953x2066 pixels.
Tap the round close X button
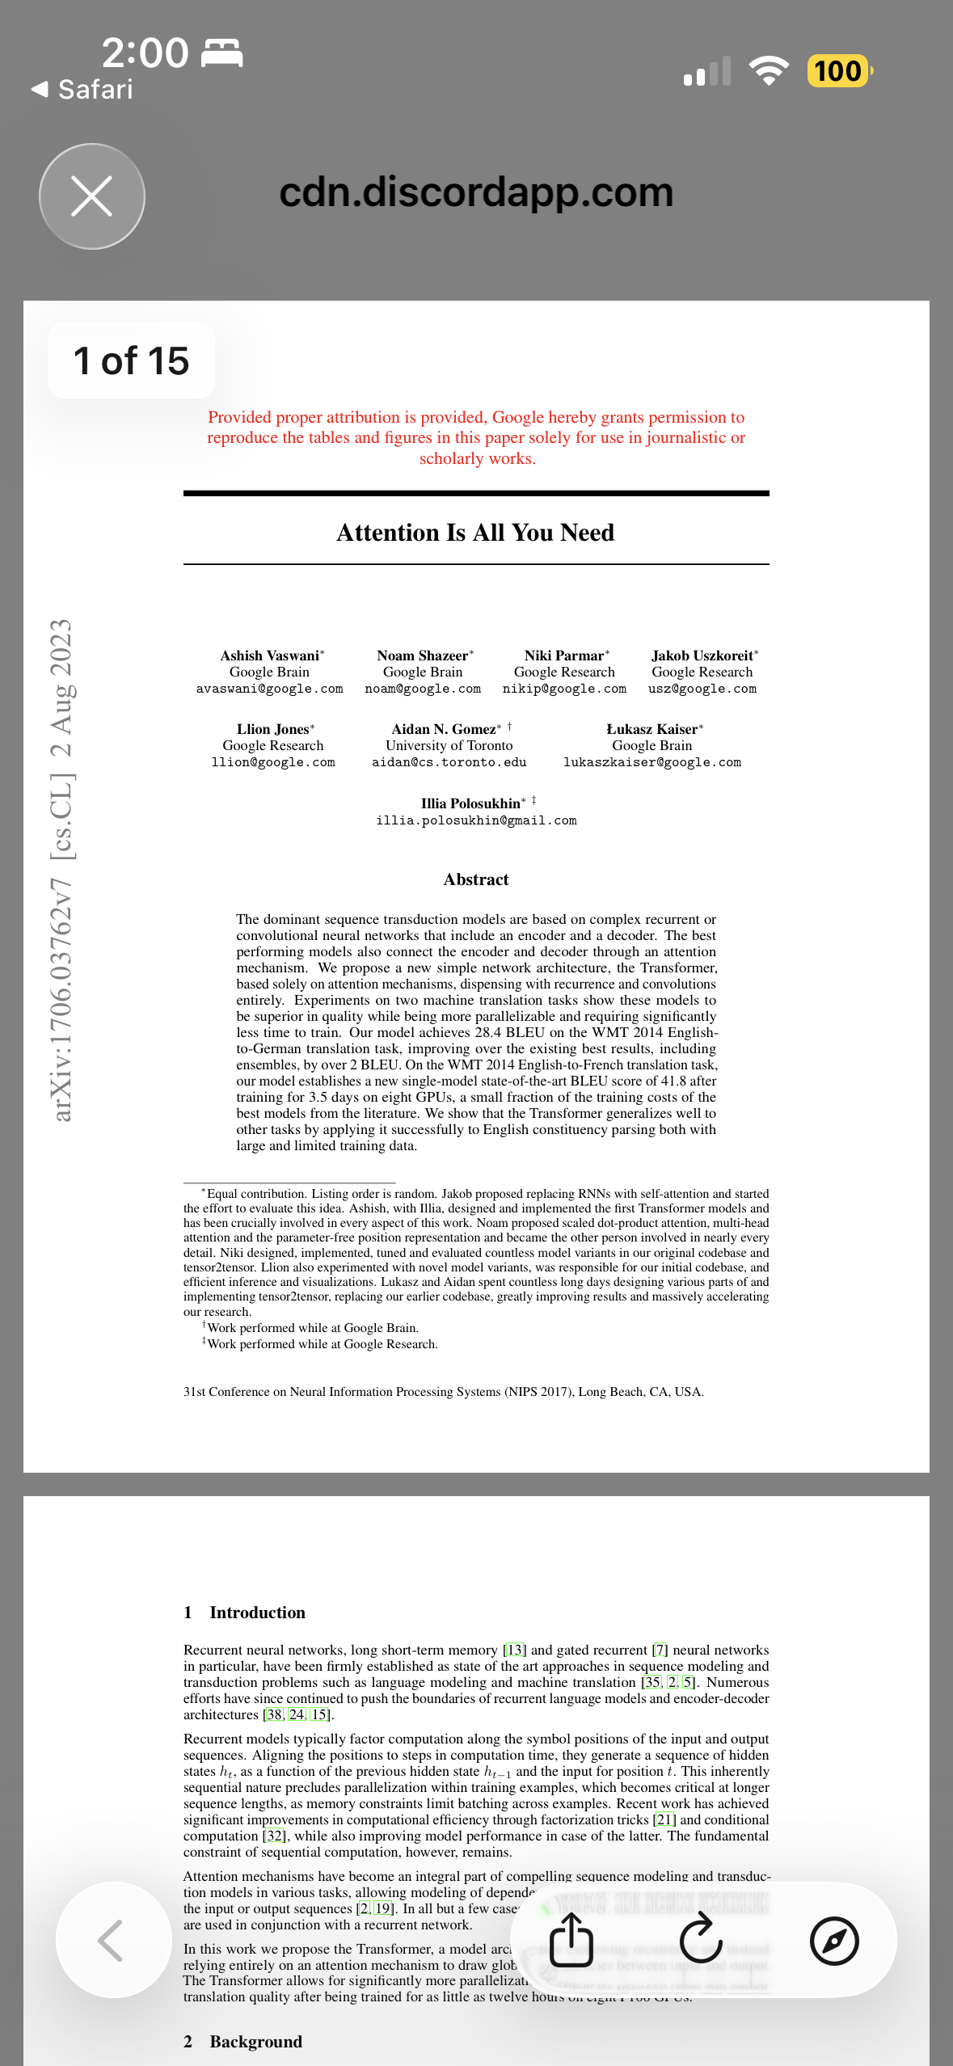92,196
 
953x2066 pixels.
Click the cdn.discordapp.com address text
476,192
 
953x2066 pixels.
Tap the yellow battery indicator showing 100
838,71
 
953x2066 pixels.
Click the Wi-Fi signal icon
769,71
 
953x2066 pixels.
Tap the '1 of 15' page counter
131,360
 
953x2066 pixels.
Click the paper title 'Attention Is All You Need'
475,533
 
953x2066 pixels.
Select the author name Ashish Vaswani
270,656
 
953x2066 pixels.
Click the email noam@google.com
423,689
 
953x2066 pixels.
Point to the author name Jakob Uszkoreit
702,656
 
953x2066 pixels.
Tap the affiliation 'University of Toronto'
449,745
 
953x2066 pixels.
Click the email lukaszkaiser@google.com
651,762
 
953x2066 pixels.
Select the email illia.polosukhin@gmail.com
476,820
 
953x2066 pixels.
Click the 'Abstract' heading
476,879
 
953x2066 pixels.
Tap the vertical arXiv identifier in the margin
62,871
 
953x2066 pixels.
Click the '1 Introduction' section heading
245,1613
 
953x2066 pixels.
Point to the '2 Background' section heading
243,2042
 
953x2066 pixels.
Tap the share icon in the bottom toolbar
571,1940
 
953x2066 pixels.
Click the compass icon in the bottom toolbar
834,1940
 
